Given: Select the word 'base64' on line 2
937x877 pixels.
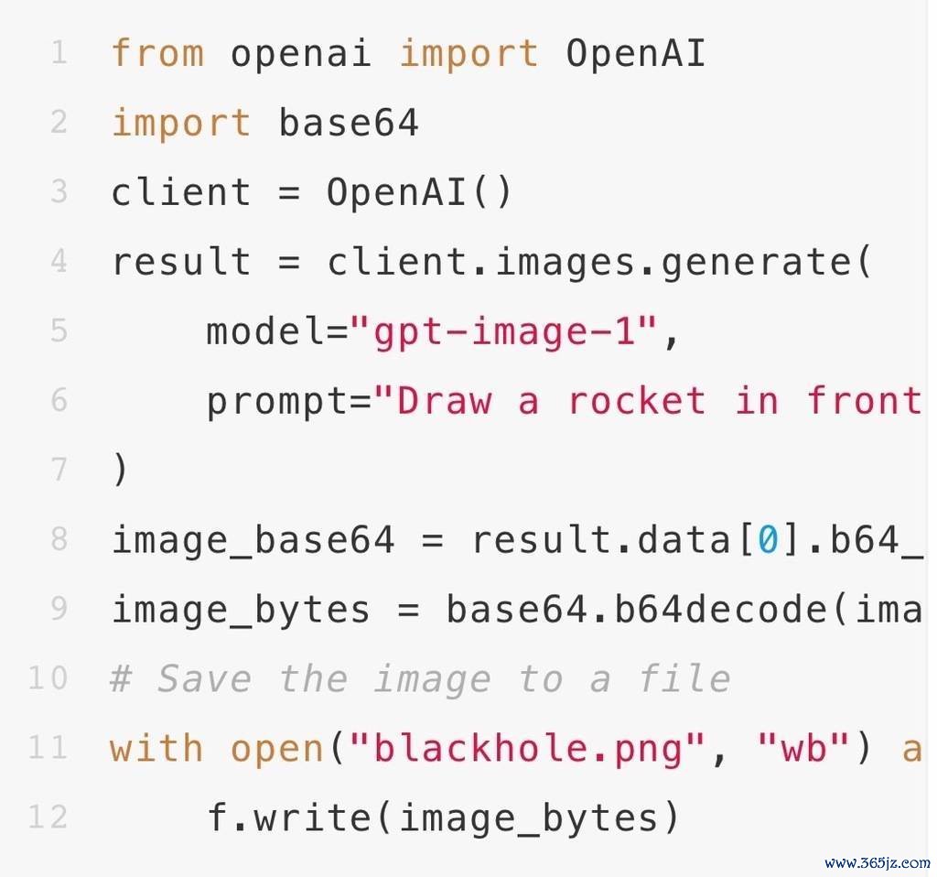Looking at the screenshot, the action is coord(349,123).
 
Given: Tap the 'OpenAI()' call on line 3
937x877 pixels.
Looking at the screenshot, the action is coord(419,192).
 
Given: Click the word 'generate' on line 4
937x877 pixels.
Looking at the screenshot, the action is coord(756,262).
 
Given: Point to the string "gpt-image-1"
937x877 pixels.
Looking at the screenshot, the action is coord(504,331).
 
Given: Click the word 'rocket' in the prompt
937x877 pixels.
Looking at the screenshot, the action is coord(636,400).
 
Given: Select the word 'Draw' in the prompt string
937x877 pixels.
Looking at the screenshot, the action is coord(444,400).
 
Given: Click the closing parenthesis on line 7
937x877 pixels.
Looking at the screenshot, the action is coord(120,470).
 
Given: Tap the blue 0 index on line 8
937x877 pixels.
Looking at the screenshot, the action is coord(768,539).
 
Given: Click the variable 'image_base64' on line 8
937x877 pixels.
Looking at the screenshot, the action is coord(253,539).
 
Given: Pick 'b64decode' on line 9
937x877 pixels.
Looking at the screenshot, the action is coord(720,609).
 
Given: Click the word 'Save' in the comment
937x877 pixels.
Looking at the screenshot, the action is coord(204,678).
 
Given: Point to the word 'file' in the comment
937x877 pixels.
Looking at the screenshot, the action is coord(684,678).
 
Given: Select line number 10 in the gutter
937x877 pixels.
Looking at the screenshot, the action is coord(48,678).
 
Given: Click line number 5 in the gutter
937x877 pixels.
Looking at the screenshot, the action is coord(59,330).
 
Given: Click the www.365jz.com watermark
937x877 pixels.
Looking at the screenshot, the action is coord(878,862).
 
